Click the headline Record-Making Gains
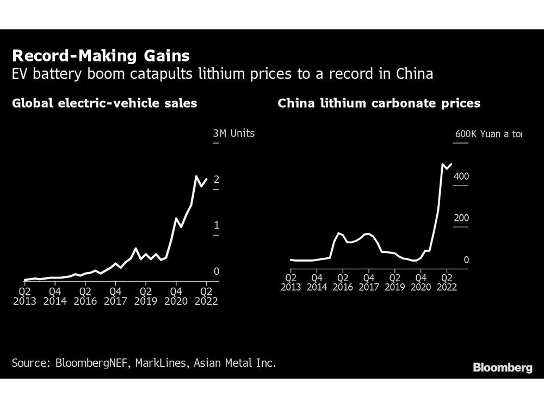(101, 55)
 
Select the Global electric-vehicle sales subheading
(104, 103)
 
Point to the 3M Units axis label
(233, 133)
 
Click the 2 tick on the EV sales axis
(216, 180)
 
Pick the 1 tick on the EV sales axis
(216, 225)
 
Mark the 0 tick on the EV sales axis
(216, 271)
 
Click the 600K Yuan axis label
(488, 134)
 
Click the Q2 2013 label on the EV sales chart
(25, 296)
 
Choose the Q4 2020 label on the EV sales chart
(176, 296)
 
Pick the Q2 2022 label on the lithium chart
(446, 282)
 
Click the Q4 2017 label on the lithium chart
(369, 282)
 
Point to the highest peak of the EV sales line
(196, 176)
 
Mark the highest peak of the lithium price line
(442, 164)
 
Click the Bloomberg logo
(502, 368)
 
